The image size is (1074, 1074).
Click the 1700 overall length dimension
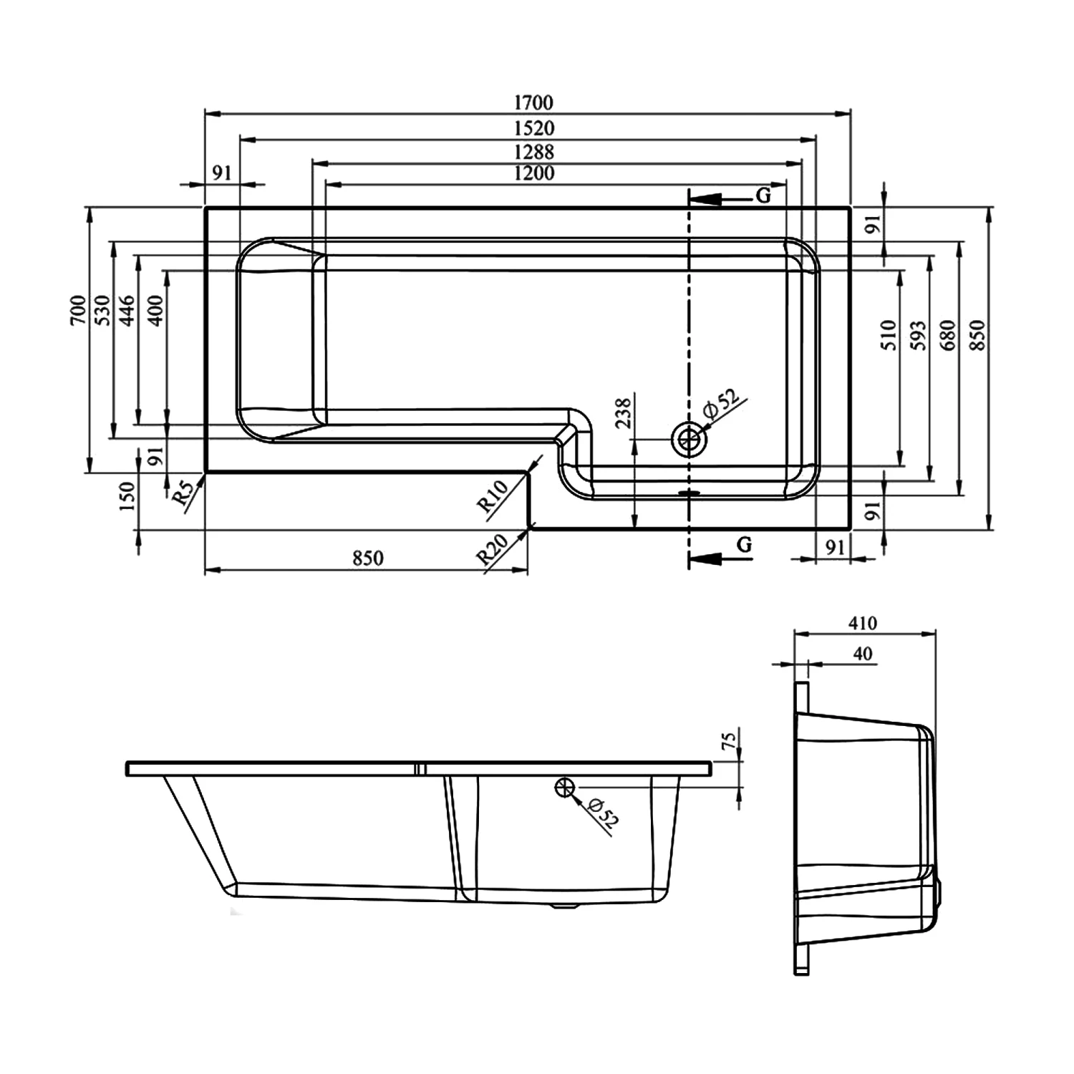533,103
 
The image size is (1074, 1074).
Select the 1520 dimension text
533,128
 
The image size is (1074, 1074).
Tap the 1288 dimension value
533,152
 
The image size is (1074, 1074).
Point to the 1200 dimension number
533,173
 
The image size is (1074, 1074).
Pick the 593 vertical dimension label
919,335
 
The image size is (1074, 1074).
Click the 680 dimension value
949,335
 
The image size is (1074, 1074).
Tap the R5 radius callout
184,494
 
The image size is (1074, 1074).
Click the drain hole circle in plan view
689,439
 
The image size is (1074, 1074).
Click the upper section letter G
763,195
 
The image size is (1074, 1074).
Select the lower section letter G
745,546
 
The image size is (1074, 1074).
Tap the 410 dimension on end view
863,623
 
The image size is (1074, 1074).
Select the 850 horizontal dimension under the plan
367,558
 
